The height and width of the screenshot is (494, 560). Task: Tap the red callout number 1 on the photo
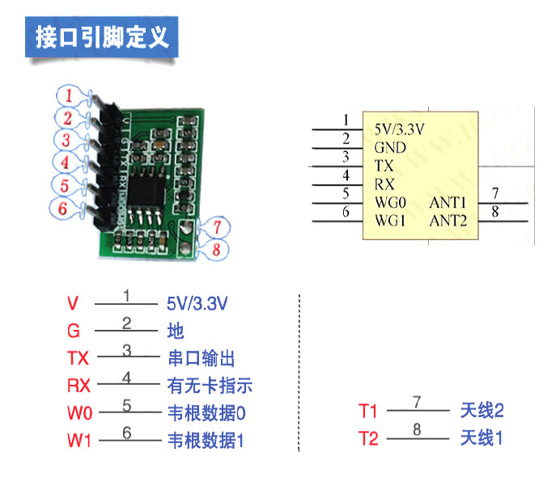pos(70,95)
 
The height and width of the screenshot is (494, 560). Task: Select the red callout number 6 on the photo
pos(61,208)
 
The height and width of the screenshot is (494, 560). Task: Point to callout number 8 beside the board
pos(216,249)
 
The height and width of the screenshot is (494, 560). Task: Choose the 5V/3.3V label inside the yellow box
pos(400,129)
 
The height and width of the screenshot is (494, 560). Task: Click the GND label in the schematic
pos(390,148)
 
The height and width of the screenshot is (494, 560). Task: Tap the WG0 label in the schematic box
pos(390,201)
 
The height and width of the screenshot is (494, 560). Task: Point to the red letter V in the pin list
pos(73,304)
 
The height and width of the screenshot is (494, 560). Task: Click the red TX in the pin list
pos(78,358)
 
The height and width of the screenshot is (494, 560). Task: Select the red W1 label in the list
pos(78,441)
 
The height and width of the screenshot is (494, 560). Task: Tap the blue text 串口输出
pos(201,358)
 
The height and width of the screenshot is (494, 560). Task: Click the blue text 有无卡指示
pos(210,386)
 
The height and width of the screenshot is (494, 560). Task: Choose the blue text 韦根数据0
pos(206,413)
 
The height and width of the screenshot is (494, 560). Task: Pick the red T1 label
pos(368,412)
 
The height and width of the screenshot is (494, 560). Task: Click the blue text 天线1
pos(482,439)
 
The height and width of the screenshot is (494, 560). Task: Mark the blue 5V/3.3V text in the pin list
pos(197,304)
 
